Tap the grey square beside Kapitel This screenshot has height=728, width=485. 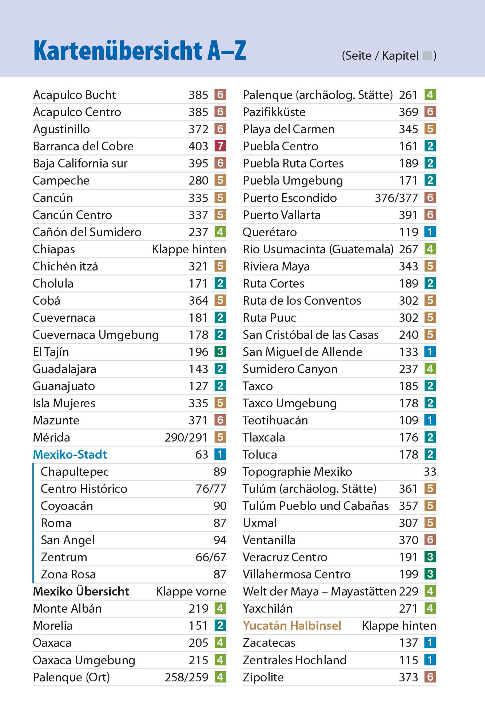428,56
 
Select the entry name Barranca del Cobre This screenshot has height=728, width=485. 83,146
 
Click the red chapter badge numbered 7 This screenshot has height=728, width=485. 220,146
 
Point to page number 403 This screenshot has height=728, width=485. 198,146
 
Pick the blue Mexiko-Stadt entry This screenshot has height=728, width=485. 70,455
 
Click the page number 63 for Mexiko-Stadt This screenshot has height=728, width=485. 202,455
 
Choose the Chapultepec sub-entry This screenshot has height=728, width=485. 75,472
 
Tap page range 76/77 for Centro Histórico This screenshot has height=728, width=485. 211,489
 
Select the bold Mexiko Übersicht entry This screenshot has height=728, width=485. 81,591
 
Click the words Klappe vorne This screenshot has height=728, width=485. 191,591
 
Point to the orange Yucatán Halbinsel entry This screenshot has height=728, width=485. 292,626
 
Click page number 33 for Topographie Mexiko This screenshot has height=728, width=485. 430,472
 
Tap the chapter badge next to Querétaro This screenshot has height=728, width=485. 430,232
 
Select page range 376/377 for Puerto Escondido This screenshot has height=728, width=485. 396,198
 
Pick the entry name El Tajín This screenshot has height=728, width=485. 51,352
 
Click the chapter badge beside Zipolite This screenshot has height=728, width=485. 430,677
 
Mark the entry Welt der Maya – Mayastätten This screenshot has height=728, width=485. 319,591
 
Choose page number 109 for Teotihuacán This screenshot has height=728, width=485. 409,420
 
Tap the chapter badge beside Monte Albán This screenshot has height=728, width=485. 220,609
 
